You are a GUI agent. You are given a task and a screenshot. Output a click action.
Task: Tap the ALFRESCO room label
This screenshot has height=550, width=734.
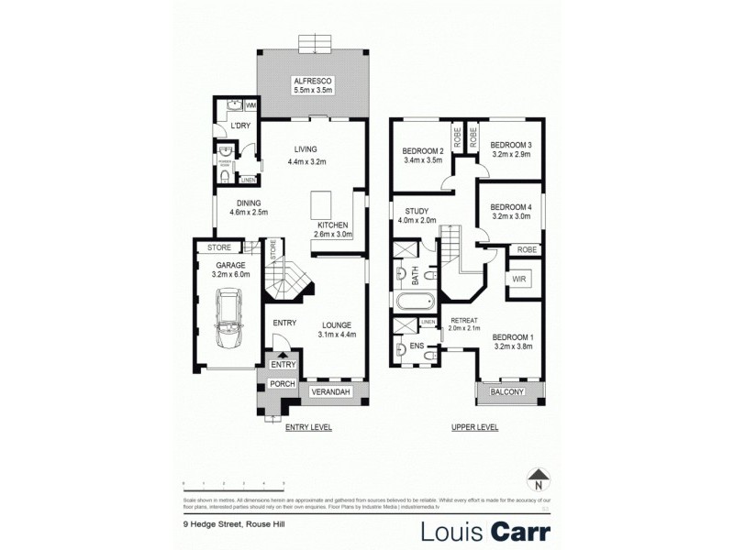pyautogui.click(x=312, y=81)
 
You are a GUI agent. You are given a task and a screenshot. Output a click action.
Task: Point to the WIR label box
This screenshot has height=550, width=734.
pyautogui.click(x=518, y=277)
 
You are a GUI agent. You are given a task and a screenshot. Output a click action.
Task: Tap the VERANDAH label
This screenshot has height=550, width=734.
pyautogui.click(x=331, y=392)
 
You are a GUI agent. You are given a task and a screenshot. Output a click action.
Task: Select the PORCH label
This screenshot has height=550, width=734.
pyautogui.click(x=282, y=383)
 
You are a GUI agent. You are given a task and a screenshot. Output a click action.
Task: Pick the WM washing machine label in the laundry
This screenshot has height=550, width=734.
pyautogui.click(x=250, y=107)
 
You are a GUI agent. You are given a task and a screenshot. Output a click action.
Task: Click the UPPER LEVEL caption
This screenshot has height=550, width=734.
pyautogui.click(x=474, y=427)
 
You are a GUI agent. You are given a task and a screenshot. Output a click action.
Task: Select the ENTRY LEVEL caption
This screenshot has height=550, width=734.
pyautogui.click(x=308, y=427)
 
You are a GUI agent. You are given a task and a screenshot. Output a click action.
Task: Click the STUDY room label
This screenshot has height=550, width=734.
pyautogui.click(x=406, y=209)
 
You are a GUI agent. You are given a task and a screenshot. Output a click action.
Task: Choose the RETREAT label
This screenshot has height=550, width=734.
pyautogui.click(x=465, y=320)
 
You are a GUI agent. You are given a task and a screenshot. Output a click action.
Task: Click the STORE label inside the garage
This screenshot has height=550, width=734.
pyautogui.click(x=218, y=247)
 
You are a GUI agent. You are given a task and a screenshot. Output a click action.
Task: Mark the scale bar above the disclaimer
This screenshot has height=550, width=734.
pyautogui.click(x=234, y=483)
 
